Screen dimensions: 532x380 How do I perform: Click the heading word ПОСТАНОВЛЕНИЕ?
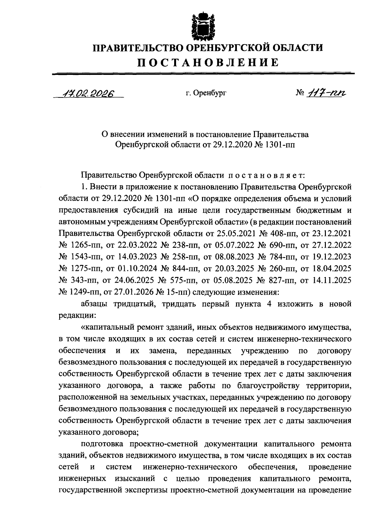click(207, 62)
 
